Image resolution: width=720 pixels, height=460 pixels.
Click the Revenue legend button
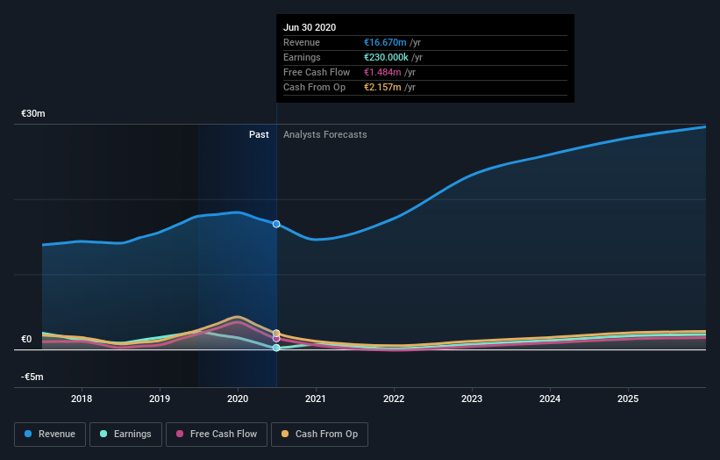[50, 434]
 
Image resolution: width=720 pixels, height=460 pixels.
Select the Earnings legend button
[125, 434]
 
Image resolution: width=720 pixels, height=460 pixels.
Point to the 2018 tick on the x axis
[82, 399]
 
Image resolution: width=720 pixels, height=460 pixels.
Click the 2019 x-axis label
[160, 399]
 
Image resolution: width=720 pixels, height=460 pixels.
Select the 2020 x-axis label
[238, 399]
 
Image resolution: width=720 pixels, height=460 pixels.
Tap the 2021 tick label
[316, 399]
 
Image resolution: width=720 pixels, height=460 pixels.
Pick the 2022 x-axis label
[394, 399]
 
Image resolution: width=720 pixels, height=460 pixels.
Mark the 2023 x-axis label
[472, 399]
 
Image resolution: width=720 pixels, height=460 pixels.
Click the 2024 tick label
[550, 399]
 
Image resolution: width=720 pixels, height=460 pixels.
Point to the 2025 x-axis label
[628, 399]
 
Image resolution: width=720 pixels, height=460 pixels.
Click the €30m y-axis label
[33, 114]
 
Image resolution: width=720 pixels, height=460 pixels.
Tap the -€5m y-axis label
[33, 377]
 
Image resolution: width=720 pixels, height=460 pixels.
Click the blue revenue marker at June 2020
[276, 224]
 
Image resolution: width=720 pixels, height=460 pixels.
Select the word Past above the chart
[259, 134]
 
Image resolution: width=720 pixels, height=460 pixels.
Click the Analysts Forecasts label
[324, 134]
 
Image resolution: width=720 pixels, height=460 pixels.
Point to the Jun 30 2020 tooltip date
[310, 28]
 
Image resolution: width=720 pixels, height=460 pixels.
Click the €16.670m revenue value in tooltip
[386, 43]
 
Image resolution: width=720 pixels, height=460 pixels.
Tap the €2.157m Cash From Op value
[384, 88]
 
